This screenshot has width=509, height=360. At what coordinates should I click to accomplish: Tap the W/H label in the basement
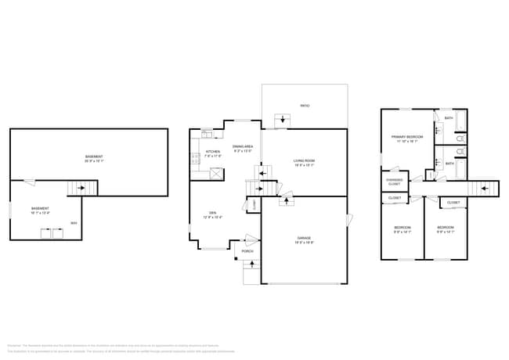click(x=73, y=223)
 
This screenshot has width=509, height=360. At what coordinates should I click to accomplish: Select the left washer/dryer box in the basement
click(x=44, y=232)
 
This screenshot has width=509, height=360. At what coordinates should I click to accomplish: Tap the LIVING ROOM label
click(x=305, y=162)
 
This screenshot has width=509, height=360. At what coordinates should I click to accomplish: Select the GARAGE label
click(x=304, y=239)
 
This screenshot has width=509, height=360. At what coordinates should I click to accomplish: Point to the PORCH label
click(x=247, y=250)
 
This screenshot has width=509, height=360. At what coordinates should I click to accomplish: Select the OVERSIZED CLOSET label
click(x=394, y=182)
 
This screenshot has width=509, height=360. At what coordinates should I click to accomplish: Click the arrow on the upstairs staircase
click(x=486, y=188)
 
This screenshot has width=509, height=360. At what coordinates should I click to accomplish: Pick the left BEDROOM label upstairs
click(x=401, y=229)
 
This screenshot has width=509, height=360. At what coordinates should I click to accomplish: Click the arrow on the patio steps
click(x=281, y=120)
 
